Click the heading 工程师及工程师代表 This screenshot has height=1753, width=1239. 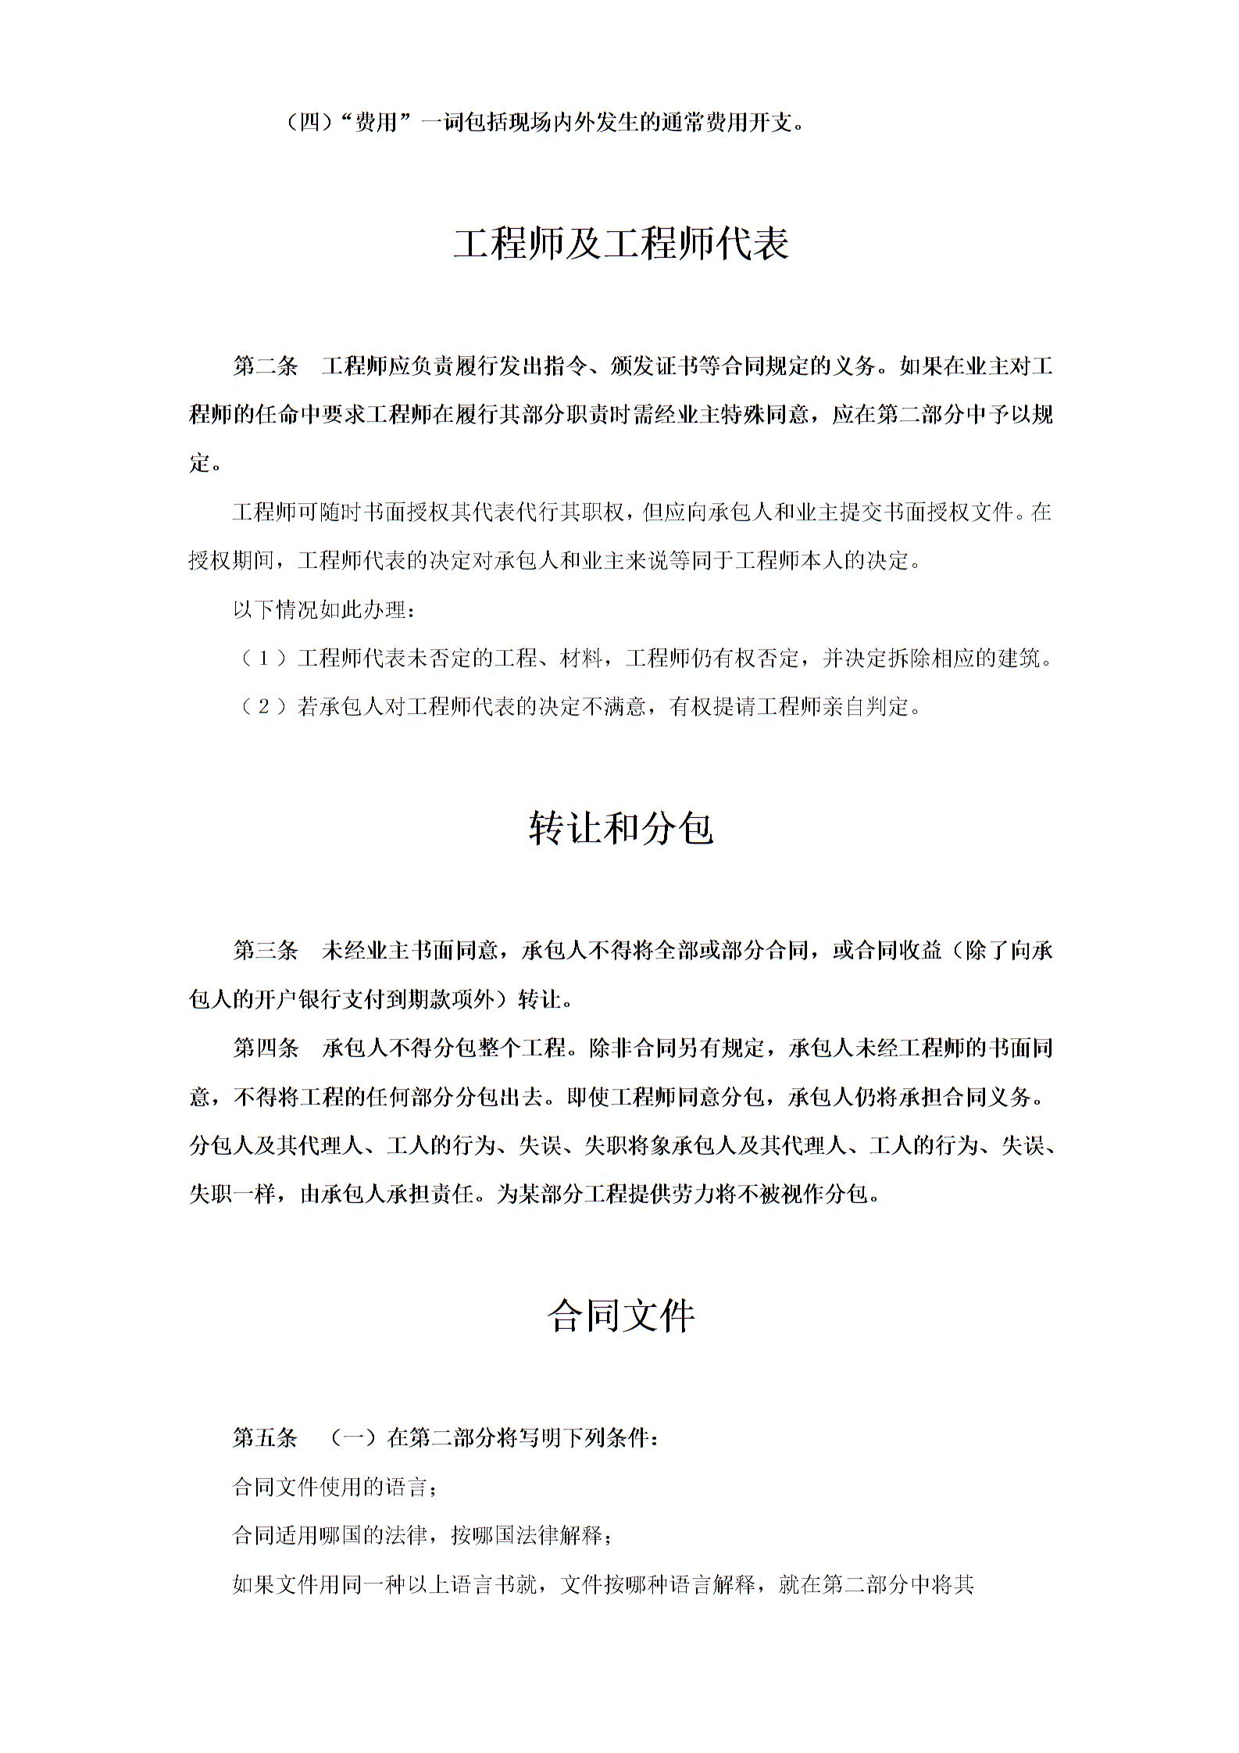621,245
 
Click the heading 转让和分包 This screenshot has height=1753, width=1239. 621,829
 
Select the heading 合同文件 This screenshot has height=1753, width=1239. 621,1316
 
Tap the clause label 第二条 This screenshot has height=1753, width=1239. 266,366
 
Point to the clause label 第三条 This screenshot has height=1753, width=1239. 266,951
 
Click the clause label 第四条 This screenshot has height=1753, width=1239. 266,1048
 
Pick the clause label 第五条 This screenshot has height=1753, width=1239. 266,1437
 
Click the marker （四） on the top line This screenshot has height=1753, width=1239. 310,123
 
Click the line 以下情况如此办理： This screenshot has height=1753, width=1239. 323,610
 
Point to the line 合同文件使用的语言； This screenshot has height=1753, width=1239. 334,1487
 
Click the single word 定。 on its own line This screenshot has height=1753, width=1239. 205,464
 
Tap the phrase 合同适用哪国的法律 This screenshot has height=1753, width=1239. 330,1536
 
